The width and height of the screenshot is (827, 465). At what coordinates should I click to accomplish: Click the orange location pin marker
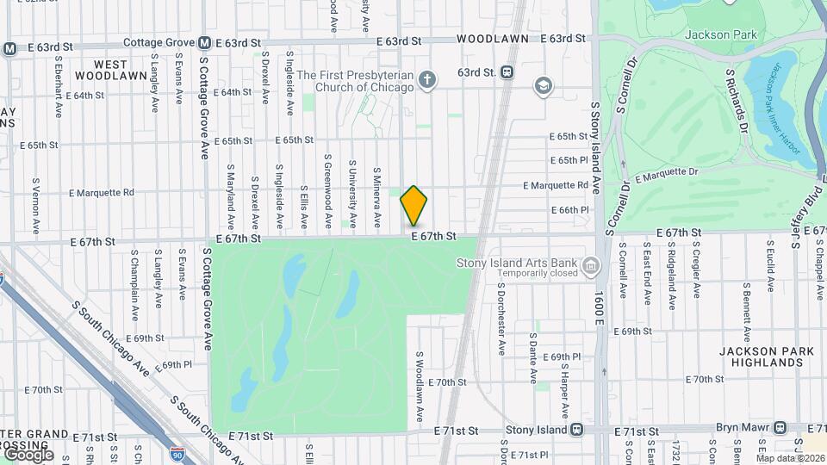click(413, 206)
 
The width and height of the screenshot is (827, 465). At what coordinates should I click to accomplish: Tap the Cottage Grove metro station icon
click(205, 42)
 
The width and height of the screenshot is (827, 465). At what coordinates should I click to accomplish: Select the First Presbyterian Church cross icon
click(426, 81)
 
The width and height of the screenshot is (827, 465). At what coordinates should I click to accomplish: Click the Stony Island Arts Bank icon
click(591, 265)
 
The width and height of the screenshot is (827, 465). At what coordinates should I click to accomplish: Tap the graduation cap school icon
click(543, 84)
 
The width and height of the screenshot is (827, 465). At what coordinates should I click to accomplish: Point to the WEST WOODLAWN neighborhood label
click(121, 70)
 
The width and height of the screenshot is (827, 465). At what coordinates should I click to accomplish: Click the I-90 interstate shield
click(177, 451)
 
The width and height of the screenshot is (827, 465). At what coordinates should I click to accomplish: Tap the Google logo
click(28, 454)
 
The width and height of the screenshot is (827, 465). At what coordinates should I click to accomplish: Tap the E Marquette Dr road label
click(668, 175)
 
